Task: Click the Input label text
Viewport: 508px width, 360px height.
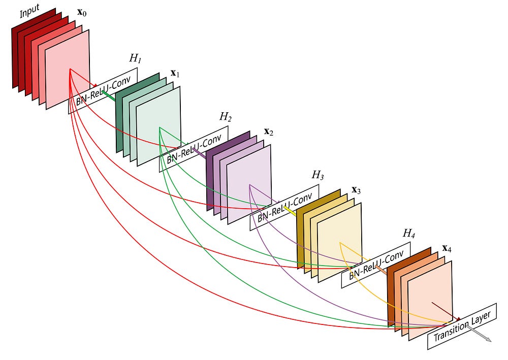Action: [29, 11]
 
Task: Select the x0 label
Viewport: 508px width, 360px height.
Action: [82, 12]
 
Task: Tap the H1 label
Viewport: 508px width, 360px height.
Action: [136, 58]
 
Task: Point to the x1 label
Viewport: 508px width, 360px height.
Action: [175, 73]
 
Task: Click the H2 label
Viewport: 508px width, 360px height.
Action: [226, 117]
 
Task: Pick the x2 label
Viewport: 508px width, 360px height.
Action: [269, 132]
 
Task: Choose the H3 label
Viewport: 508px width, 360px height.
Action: [317, 175]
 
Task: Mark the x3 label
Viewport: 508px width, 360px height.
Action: [356, 190]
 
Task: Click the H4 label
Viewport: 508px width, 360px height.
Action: [409, 233]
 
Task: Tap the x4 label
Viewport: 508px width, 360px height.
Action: [447, 248]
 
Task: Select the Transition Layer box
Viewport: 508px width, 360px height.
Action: [462, 326]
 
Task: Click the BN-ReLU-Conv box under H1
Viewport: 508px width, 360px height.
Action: [103, 91]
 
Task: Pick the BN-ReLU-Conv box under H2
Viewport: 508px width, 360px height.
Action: [194, 149]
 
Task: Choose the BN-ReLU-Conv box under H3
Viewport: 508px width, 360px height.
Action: [284, 208]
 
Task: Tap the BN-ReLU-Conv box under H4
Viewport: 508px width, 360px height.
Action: [376, 265]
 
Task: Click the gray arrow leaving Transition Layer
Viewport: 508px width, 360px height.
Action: [479, 334]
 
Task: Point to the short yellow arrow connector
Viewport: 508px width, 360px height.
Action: [290, 211]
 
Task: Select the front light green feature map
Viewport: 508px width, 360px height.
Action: [158, 126]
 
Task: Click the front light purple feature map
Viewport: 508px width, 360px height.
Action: [249, 184]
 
